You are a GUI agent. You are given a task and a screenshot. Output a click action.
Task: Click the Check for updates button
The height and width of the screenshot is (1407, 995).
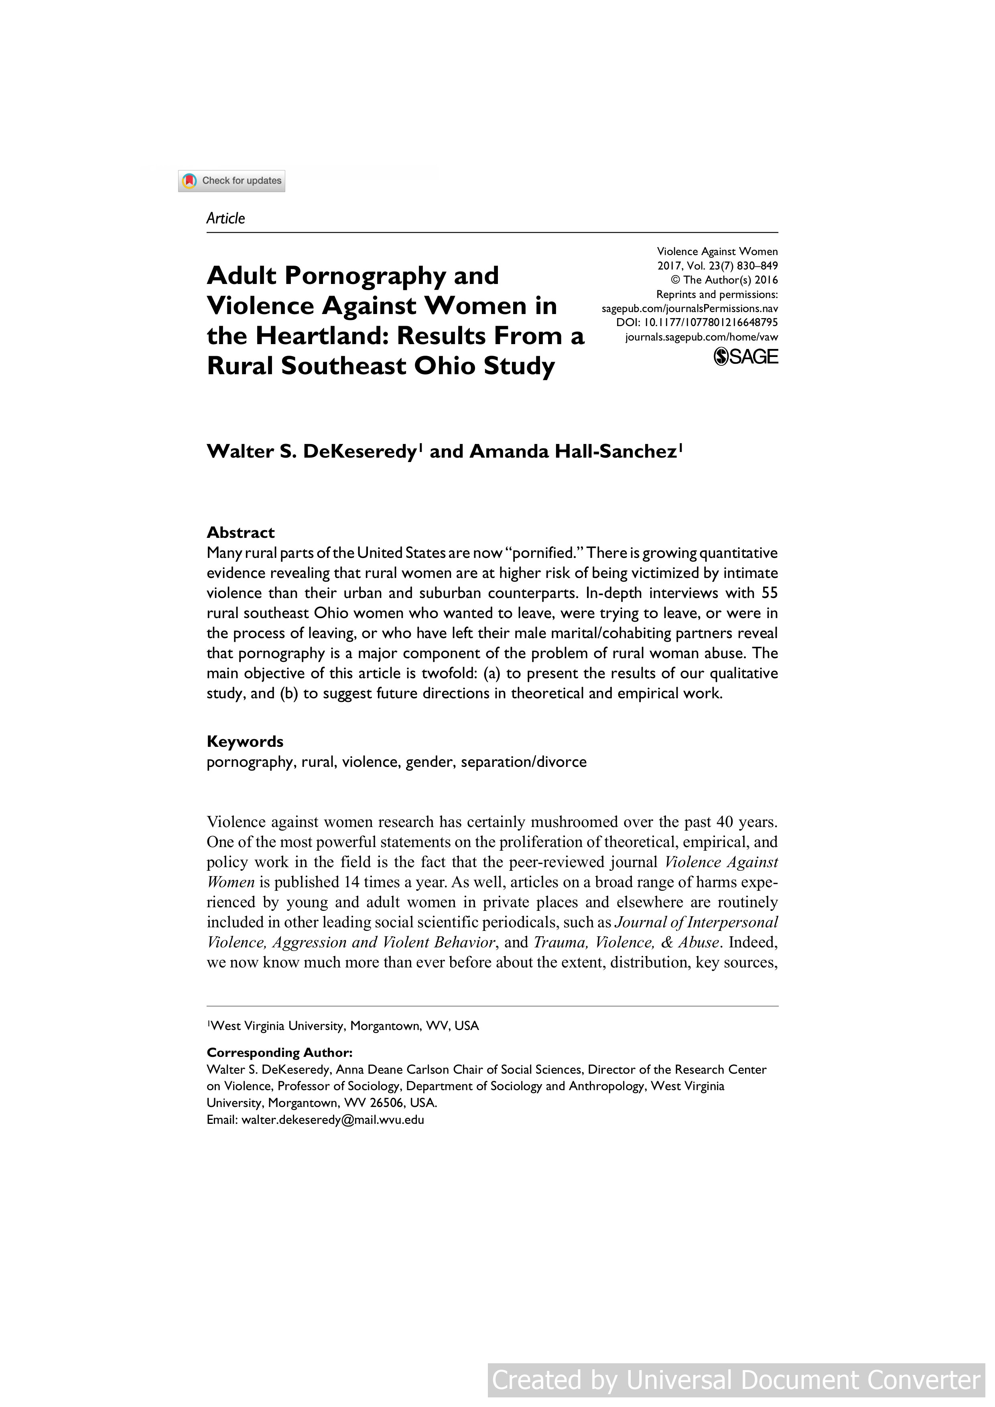232,181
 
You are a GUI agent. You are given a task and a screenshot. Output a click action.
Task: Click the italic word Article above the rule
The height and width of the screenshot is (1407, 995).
225,219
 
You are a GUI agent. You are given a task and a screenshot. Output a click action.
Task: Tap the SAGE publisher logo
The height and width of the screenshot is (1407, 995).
746,357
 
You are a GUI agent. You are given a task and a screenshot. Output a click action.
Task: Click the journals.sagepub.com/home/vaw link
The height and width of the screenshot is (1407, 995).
701,337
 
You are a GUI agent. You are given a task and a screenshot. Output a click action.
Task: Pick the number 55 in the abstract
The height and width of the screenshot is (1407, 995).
769,593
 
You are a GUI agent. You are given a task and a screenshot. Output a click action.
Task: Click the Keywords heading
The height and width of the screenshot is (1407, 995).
245,742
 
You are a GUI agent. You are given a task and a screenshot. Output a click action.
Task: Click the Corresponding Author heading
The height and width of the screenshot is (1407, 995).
280,1052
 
